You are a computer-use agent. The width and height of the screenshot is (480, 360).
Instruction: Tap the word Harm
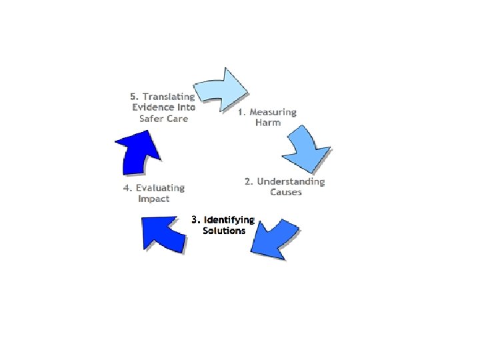pos(267,123)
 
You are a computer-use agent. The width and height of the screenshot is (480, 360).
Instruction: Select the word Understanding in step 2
pos(291,181)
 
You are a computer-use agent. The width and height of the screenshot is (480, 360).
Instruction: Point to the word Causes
pos(286,192)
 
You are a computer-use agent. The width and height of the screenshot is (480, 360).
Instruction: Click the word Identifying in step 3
pos(229,219)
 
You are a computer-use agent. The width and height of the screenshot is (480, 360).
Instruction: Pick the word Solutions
pos(224,231)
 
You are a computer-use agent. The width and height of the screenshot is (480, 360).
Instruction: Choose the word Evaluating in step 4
pos(159,188)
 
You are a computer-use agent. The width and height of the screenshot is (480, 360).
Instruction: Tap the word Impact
pos(153,199)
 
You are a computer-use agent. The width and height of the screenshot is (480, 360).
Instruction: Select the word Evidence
pos(153,107)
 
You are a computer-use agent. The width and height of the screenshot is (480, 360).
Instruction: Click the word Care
pos(178,119)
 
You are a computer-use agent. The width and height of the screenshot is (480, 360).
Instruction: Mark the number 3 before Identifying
pos(194,219)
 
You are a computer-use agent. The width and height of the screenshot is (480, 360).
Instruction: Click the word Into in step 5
pos(184,107)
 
